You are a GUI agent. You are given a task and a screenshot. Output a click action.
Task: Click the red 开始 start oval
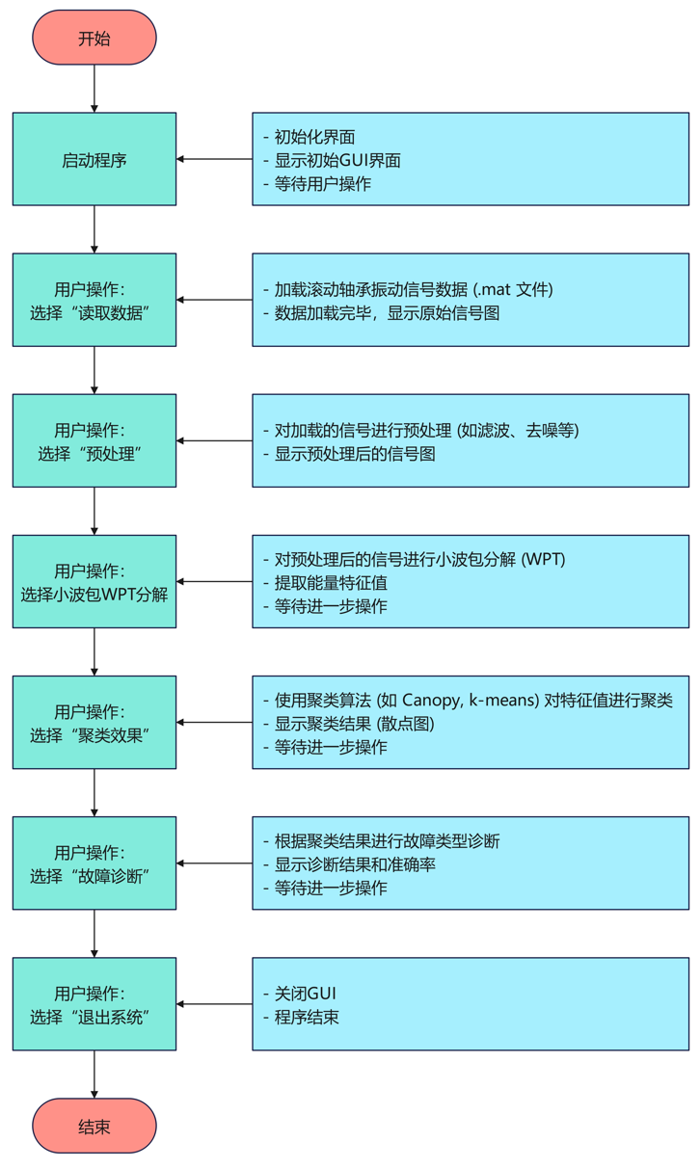coord(94,39)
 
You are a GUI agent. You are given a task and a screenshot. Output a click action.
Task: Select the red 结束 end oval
coord(94,1126)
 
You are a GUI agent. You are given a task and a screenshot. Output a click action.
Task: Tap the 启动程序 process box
coord(94,159)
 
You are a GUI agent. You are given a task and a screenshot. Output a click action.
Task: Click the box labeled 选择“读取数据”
coord(94,300)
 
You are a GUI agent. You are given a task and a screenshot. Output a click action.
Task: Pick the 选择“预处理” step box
coord(94,440)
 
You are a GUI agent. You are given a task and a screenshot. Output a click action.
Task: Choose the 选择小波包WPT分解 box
coord(94,581)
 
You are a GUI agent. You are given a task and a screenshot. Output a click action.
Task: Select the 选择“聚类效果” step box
coord(94,722)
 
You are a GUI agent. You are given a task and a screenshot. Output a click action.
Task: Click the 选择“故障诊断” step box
coord(94,863)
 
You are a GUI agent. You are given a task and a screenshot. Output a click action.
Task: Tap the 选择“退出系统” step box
coord(94,1003)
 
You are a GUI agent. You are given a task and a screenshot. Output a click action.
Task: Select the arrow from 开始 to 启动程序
coord(94,89)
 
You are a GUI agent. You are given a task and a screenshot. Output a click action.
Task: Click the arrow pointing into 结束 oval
coord(94,1075)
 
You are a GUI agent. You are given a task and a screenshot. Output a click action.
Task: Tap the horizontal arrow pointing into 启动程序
coord(214,159)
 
